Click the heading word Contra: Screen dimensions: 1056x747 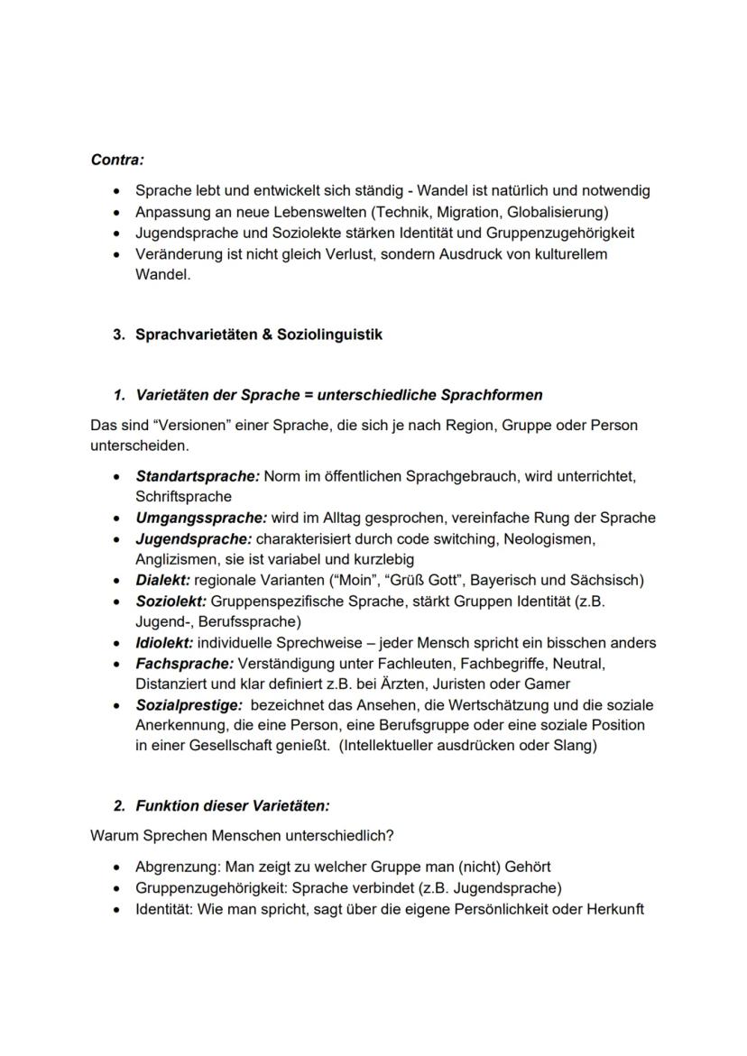click(117, 160)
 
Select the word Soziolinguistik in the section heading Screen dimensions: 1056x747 click(333, 335)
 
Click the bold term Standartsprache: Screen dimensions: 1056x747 click(197, 475)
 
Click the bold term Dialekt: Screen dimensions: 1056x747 click(162, 580)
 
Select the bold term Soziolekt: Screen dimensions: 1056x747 click(171, 601)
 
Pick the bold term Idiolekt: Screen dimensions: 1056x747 click(164, 643)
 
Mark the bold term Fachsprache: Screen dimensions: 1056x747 click(185, 664)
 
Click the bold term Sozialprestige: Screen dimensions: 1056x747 click(189, 705)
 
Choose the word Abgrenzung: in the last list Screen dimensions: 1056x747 click(175, 867)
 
